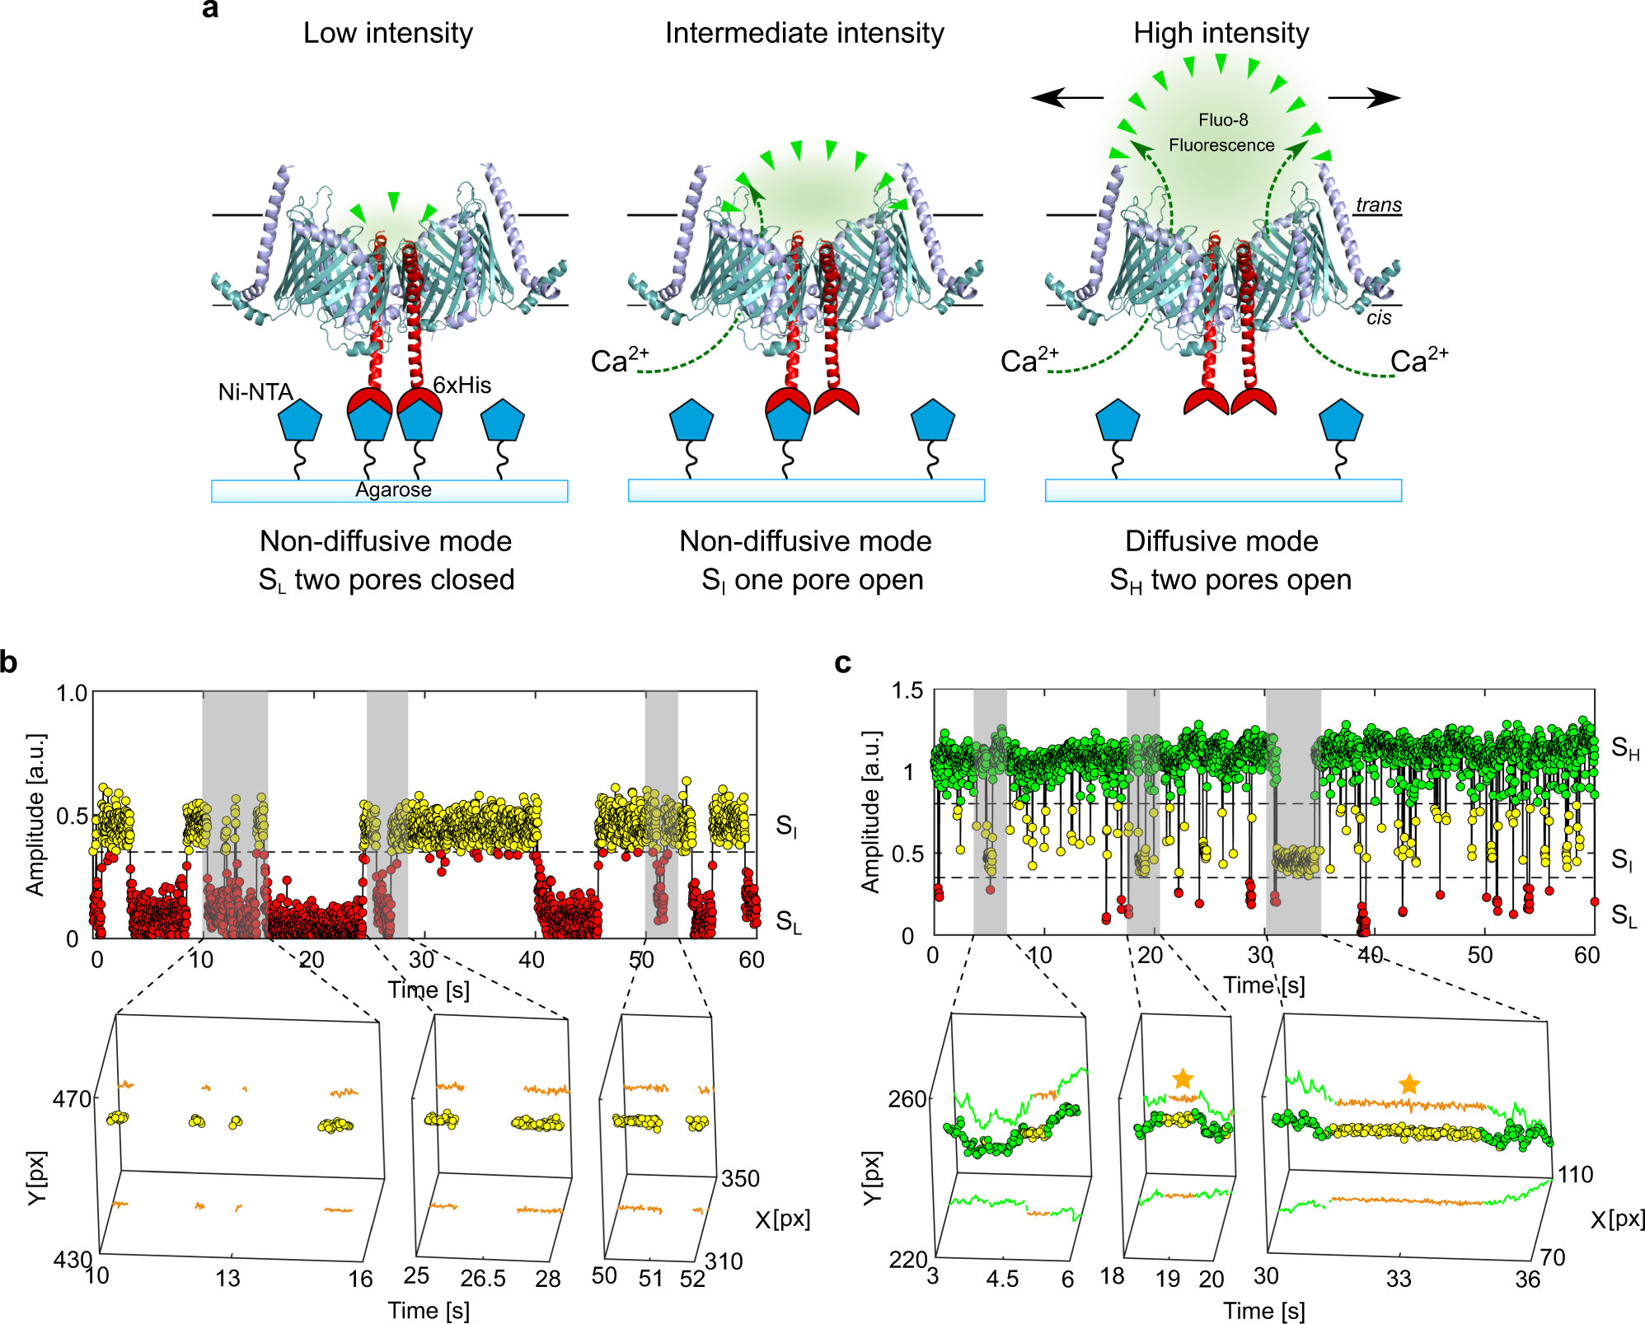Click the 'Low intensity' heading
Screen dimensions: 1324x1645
(387, 33)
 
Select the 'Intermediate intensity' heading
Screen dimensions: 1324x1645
(804, 33)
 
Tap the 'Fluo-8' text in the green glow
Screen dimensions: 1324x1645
(1223, 120)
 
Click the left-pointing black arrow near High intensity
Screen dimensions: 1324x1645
(1067, 98)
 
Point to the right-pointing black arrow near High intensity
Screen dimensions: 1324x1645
(1364, 98)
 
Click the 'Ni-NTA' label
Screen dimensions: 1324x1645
(255, 392)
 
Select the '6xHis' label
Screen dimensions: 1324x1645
(462, 385)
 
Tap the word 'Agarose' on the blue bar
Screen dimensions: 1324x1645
(393, 490)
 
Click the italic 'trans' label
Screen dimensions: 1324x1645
(1379, 205)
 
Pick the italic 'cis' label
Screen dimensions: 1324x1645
(1379, 318)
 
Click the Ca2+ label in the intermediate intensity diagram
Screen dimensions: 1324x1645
(620, 360)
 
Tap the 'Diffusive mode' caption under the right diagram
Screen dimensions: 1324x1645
(1221, 541)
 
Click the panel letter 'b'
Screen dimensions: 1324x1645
(9, 662)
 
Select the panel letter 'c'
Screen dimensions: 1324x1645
(842, 662)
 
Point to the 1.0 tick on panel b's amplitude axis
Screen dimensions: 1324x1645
(71, 694)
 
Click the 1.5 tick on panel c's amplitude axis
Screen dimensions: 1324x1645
(907, 690)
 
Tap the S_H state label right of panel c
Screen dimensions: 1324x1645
(1624, 748)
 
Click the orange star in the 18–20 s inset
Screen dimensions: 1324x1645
(1183, 1078)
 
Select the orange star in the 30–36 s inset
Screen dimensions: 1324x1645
(1409, 1084)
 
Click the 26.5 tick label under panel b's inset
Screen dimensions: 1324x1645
(483, 1278)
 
